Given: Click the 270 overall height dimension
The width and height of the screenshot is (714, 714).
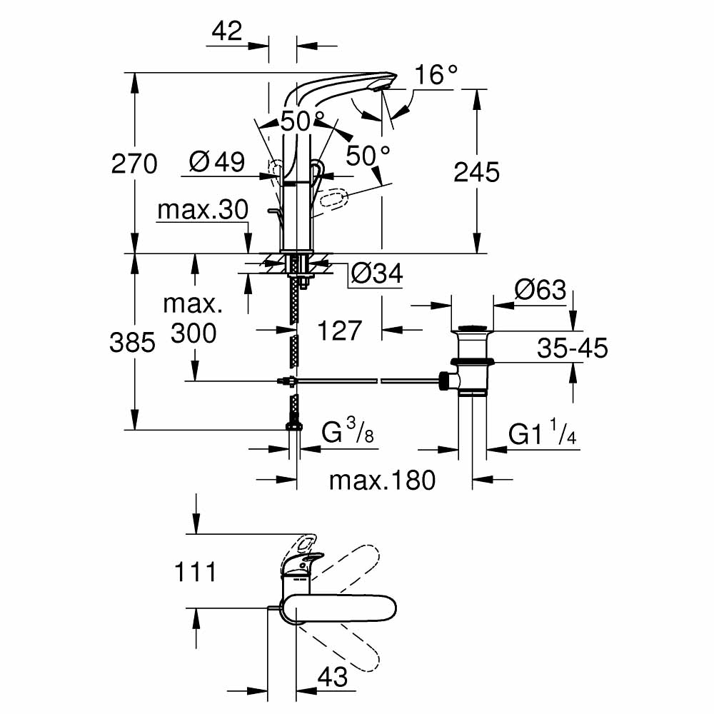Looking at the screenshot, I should (x=134, y=164).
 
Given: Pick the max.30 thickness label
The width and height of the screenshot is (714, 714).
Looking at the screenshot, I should (x=202, y=210).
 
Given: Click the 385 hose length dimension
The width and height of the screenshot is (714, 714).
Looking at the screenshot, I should (x=132, y=343).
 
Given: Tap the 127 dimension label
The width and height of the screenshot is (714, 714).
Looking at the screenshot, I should (x=339, y=331).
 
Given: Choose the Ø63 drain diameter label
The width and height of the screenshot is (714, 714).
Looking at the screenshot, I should (x=540, y=291).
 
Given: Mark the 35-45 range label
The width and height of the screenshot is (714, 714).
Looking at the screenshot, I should (x=573, y=348).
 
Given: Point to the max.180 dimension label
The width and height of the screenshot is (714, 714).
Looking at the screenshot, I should (x=381, y=481).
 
